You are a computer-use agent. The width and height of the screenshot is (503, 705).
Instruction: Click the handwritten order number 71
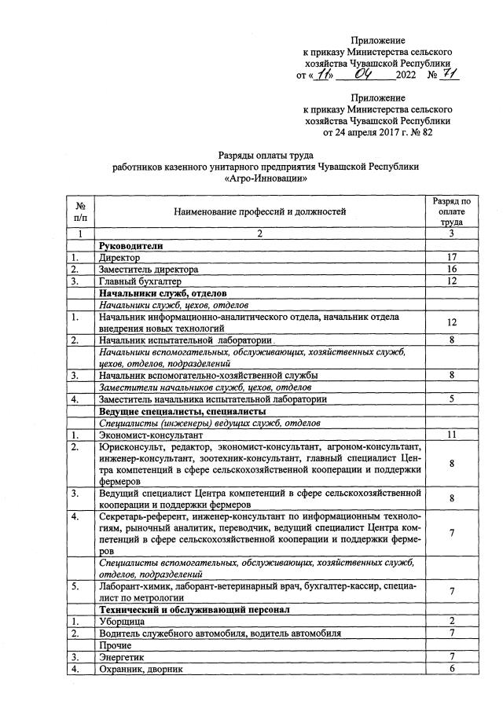(450, 75)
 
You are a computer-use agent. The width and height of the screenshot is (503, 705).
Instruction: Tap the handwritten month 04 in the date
(368, 75)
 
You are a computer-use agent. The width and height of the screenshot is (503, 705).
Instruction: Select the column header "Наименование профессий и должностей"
(260, 211)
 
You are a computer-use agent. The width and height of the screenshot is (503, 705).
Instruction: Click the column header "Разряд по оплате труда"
(452, 211)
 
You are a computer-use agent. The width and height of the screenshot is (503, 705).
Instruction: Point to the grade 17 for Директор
(452, 257)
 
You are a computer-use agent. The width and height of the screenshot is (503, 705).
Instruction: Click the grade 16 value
(452, 269)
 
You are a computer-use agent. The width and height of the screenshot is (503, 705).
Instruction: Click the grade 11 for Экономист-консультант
(452, 434)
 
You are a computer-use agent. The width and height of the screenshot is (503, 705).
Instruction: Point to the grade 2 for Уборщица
(452, 621)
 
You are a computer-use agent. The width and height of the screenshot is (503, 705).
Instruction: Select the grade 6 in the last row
(452, 668)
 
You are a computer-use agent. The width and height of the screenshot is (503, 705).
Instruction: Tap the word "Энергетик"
(123, 656)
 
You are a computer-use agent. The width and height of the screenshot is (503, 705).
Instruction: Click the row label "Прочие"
(115, 644)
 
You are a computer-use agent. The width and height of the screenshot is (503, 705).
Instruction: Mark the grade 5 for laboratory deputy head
(452, 398)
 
